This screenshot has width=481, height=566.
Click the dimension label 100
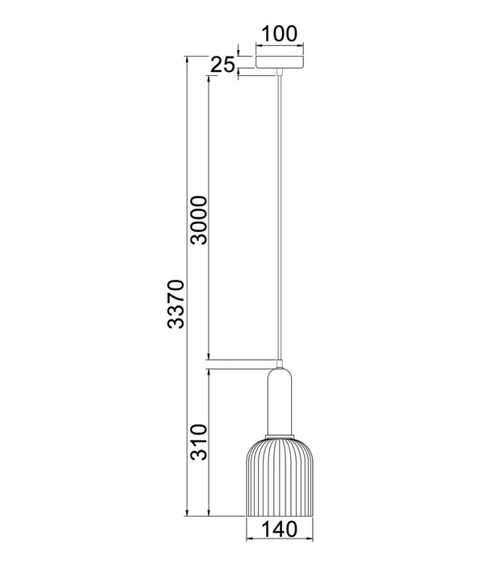pos(279,34)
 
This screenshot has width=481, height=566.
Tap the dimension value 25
pos(222,65)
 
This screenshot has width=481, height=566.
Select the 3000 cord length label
pos(199,220)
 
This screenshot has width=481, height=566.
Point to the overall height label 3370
pos(175,304)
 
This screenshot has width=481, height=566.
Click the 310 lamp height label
pos(199,441)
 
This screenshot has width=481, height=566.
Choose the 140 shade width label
pos(279,529)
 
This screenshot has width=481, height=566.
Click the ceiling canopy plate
pos(279,61)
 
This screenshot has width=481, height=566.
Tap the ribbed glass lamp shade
pos(279,477)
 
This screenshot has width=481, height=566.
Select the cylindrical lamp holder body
pos(279,401)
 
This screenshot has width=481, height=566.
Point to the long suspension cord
pos(279,218)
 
